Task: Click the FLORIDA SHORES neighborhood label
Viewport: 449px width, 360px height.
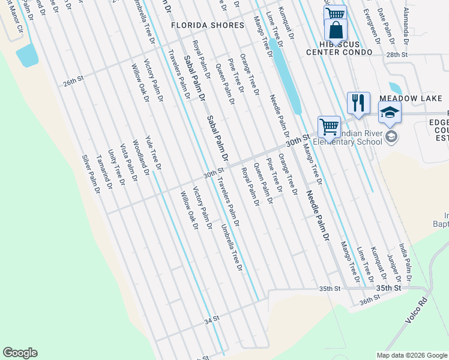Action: pyautogui.click(x=208, y=25)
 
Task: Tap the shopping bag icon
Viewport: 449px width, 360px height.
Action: pyautogui.click(x=336, y=29)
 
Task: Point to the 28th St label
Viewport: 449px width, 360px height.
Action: pyautogui.click(x=397, y=54)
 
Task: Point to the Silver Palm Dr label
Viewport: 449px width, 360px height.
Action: pyautogui.click(x=91, y=174)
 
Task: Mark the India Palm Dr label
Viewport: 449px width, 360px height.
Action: pyautogui.click(x=405, y=262)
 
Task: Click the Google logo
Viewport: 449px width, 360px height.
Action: pyautogui.click(x=20, y=353)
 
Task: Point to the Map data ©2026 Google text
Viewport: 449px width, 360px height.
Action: pyautogui.click(x=411, y=355)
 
